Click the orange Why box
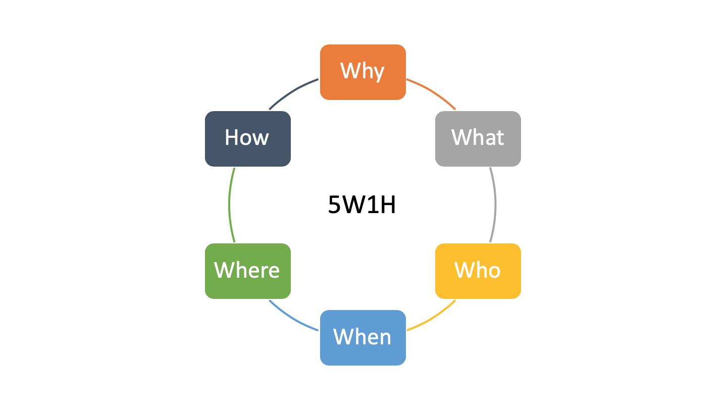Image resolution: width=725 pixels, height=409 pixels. point(363,72)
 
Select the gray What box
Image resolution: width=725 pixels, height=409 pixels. point(478,139)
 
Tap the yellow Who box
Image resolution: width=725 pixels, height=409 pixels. point(478,271)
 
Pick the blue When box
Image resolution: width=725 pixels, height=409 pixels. point(363,338)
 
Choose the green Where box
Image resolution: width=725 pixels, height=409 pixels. point(248,271)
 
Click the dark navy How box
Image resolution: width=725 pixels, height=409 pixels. point(248,139)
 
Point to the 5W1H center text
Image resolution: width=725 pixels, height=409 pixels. point(362,205)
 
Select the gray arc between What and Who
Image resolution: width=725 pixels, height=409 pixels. point(495,205)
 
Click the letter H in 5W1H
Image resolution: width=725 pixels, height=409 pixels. point(388,205)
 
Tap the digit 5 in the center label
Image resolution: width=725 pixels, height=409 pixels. point(334,205)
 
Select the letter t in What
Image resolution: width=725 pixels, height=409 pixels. point(499,138)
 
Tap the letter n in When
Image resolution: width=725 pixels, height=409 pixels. point(385,338)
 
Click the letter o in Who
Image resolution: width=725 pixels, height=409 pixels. point(494,271)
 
